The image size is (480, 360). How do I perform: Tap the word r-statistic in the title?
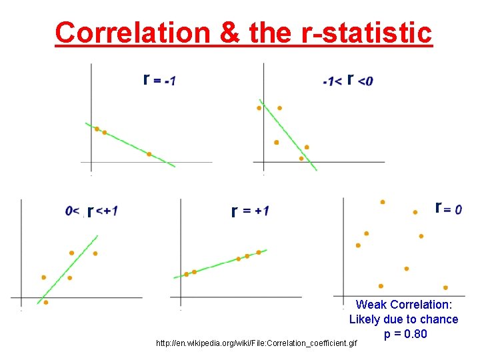[366, 32]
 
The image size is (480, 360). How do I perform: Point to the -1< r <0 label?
[347, 81]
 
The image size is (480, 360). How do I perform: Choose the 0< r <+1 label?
[91, 211]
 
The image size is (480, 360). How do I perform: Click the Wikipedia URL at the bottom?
[257, 343]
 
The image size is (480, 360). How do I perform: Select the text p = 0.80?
[405, 333]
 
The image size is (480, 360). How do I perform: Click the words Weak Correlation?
[404, 305]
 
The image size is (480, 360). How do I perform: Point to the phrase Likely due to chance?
[404, 319]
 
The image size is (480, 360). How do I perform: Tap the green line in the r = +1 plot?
[220, 263]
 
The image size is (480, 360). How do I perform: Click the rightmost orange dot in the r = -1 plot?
[149, 154]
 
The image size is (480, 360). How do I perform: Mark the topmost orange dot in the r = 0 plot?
[382, 201]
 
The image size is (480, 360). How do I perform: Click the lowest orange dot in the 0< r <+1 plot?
[45, 302]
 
